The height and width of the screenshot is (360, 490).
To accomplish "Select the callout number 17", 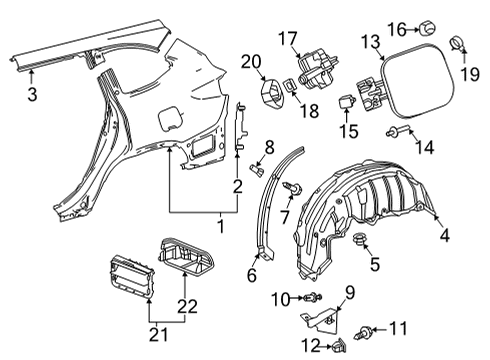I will click(288, 39).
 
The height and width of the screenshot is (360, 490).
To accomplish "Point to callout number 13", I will click(371, 41).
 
